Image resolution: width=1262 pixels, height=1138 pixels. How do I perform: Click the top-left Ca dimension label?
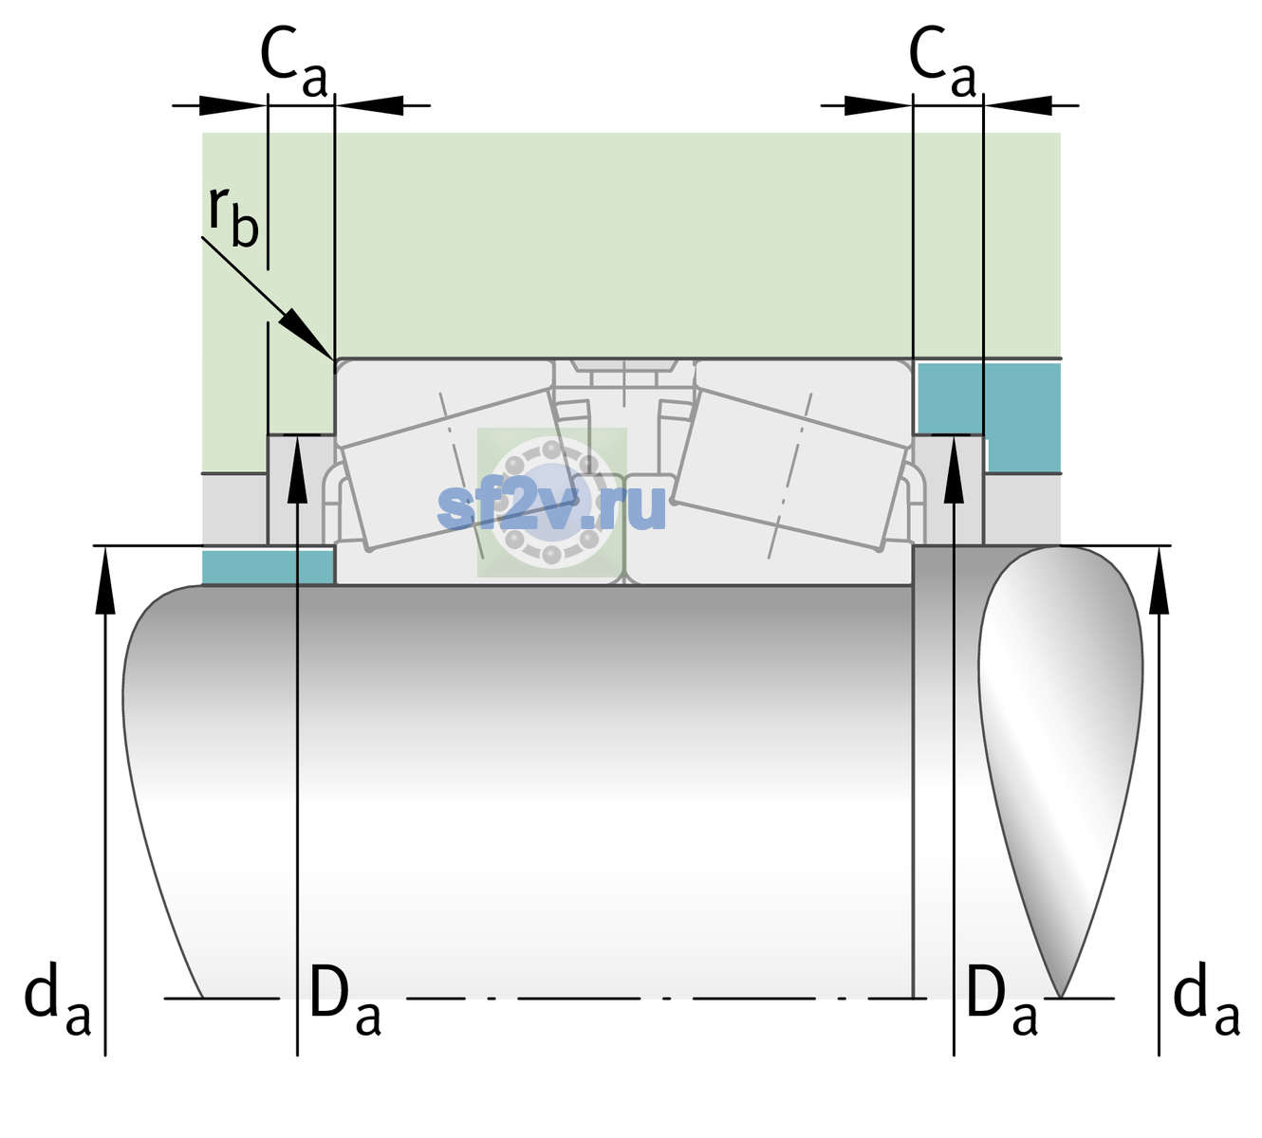pos(294,62)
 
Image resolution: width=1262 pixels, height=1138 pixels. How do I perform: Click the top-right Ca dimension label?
pos(942,62)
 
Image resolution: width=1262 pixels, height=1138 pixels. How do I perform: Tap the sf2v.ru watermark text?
pos(551,506)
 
